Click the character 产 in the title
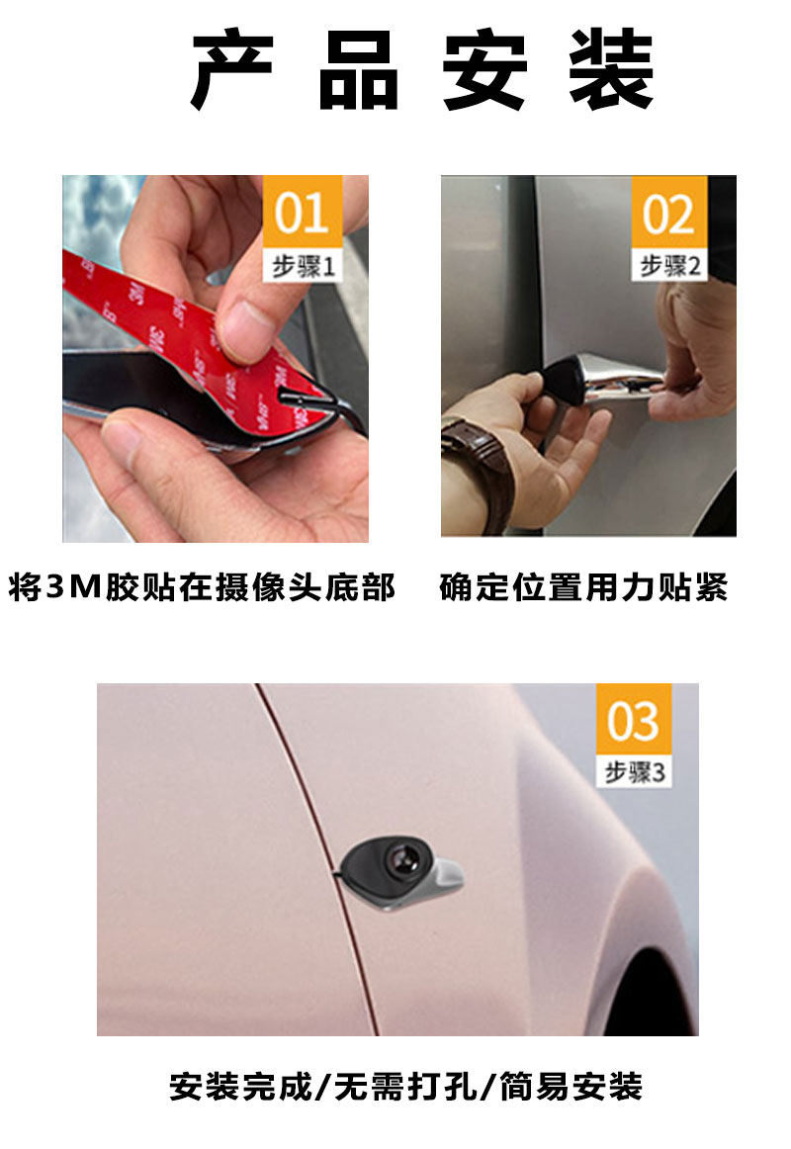point(231,71)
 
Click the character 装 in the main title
point(611,71)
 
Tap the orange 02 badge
point(669,212)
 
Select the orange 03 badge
point(633,720)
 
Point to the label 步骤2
point(669,266)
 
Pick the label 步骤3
point(633,772)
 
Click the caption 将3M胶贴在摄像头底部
point(203,588)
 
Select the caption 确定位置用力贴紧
point(583,588)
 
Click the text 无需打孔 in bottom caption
point(405,1088)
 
